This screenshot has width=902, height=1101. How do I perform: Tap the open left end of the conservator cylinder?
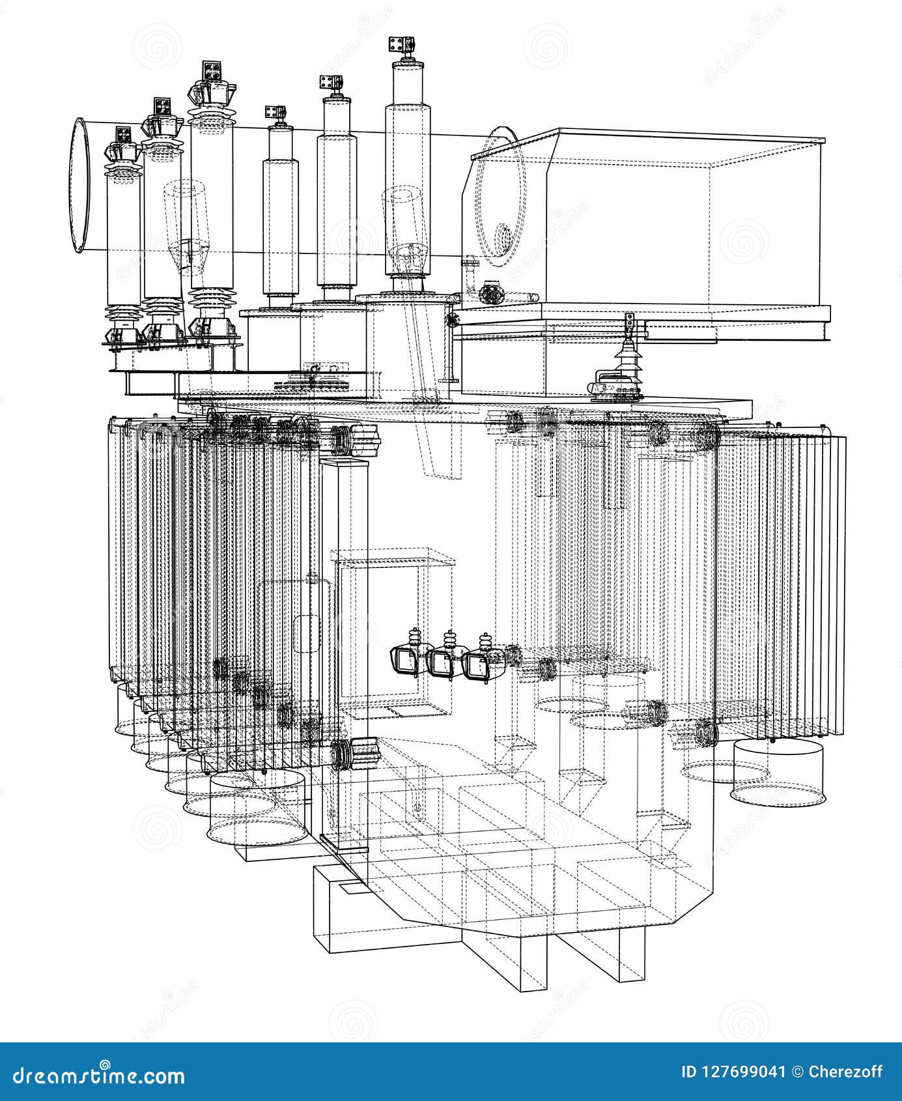point(81,186)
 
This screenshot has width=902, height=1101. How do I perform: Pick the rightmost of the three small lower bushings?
point(483,662)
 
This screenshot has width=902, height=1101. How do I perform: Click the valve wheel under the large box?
point(490,293)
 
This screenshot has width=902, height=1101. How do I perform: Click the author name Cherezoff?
point(845,1072)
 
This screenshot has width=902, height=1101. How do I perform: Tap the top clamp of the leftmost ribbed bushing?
point(122,135)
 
